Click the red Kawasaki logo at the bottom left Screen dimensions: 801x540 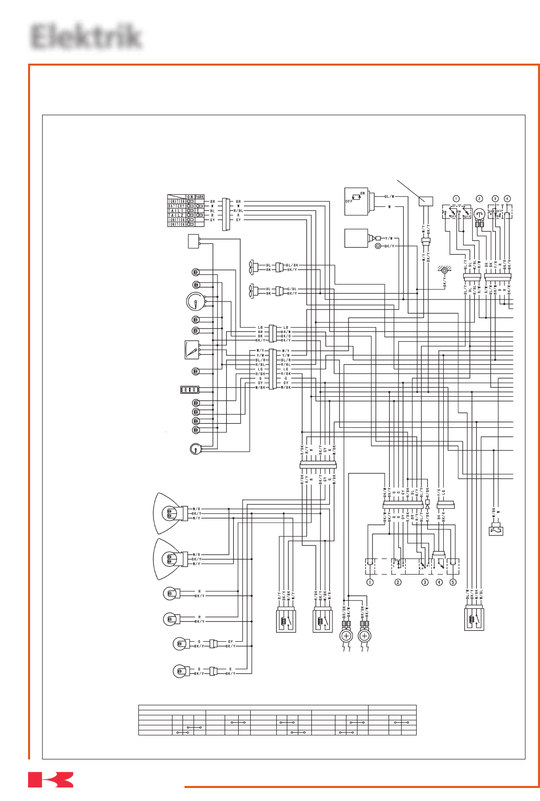click(51, 779)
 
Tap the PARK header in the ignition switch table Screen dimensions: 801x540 click(200, 197)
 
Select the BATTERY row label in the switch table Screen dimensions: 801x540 click(176, 206)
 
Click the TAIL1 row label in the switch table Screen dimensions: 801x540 click(176, 210)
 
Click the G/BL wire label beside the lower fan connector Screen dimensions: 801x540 click(292, 289)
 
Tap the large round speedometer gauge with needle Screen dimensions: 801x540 click(196, 301)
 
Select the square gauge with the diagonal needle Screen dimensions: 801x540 click(192, 350)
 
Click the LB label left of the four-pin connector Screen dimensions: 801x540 click(260, 327)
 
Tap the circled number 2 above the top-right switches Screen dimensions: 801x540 click(479, 199)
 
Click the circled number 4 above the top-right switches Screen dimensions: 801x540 click(507, 199)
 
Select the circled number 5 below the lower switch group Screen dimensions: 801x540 click(453, 582)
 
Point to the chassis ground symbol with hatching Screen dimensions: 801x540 click(444, 271)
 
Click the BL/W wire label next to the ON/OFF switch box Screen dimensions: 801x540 click(389, 196)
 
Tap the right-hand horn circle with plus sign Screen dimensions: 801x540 click(365, 636)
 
